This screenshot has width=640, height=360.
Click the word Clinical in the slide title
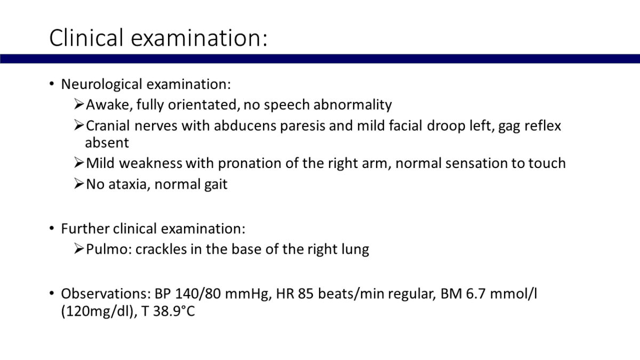tap(86, 37)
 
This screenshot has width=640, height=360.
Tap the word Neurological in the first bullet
tap(102, 85)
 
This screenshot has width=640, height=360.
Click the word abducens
tap(245, 126)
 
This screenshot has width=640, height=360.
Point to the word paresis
tap(302, 126)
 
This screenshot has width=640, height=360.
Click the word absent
tap(107, 143)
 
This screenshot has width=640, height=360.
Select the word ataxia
tap(130, 185)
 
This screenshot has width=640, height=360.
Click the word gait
tap(215, 185)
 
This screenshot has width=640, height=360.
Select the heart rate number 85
tap(306, 294)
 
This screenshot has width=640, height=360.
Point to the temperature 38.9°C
tap(174, 311)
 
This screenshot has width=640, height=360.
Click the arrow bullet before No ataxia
tap(79, 183)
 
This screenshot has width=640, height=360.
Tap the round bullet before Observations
tap(52, 293)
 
